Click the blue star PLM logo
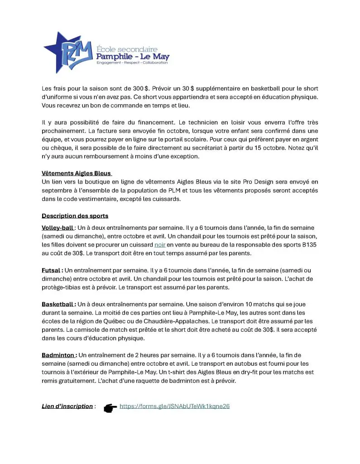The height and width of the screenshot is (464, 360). click(x=68, y=51)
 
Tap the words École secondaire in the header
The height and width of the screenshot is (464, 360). click(x=127, y=48)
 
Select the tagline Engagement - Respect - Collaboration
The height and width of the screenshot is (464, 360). click(x=132, y=63)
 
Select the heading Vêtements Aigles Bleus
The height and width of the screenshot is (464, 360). click(x=76, y=174)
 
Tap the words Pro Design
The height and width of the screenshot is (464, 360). click(x=248, y=182)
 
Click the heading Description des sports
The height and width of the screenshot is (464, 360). click(x=75, y=216)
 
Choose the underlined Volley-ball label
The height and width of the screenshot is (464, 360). click(x=58, y=227)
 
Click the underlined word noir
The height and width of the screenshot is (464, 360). click(x=160, y=245)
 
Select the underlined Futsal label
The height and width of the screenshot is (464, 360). click(x=52, y=270)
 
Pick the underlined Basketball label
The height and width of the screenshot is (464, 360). click(x=58, y=304)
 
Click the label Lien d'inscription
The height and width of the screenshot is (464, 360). click(x=67, y=406)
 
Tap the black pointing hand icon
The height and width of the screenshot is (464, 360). click(x=110, y=407)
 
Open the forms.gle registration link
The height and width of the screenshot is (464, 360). click(x=174, y=406)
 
